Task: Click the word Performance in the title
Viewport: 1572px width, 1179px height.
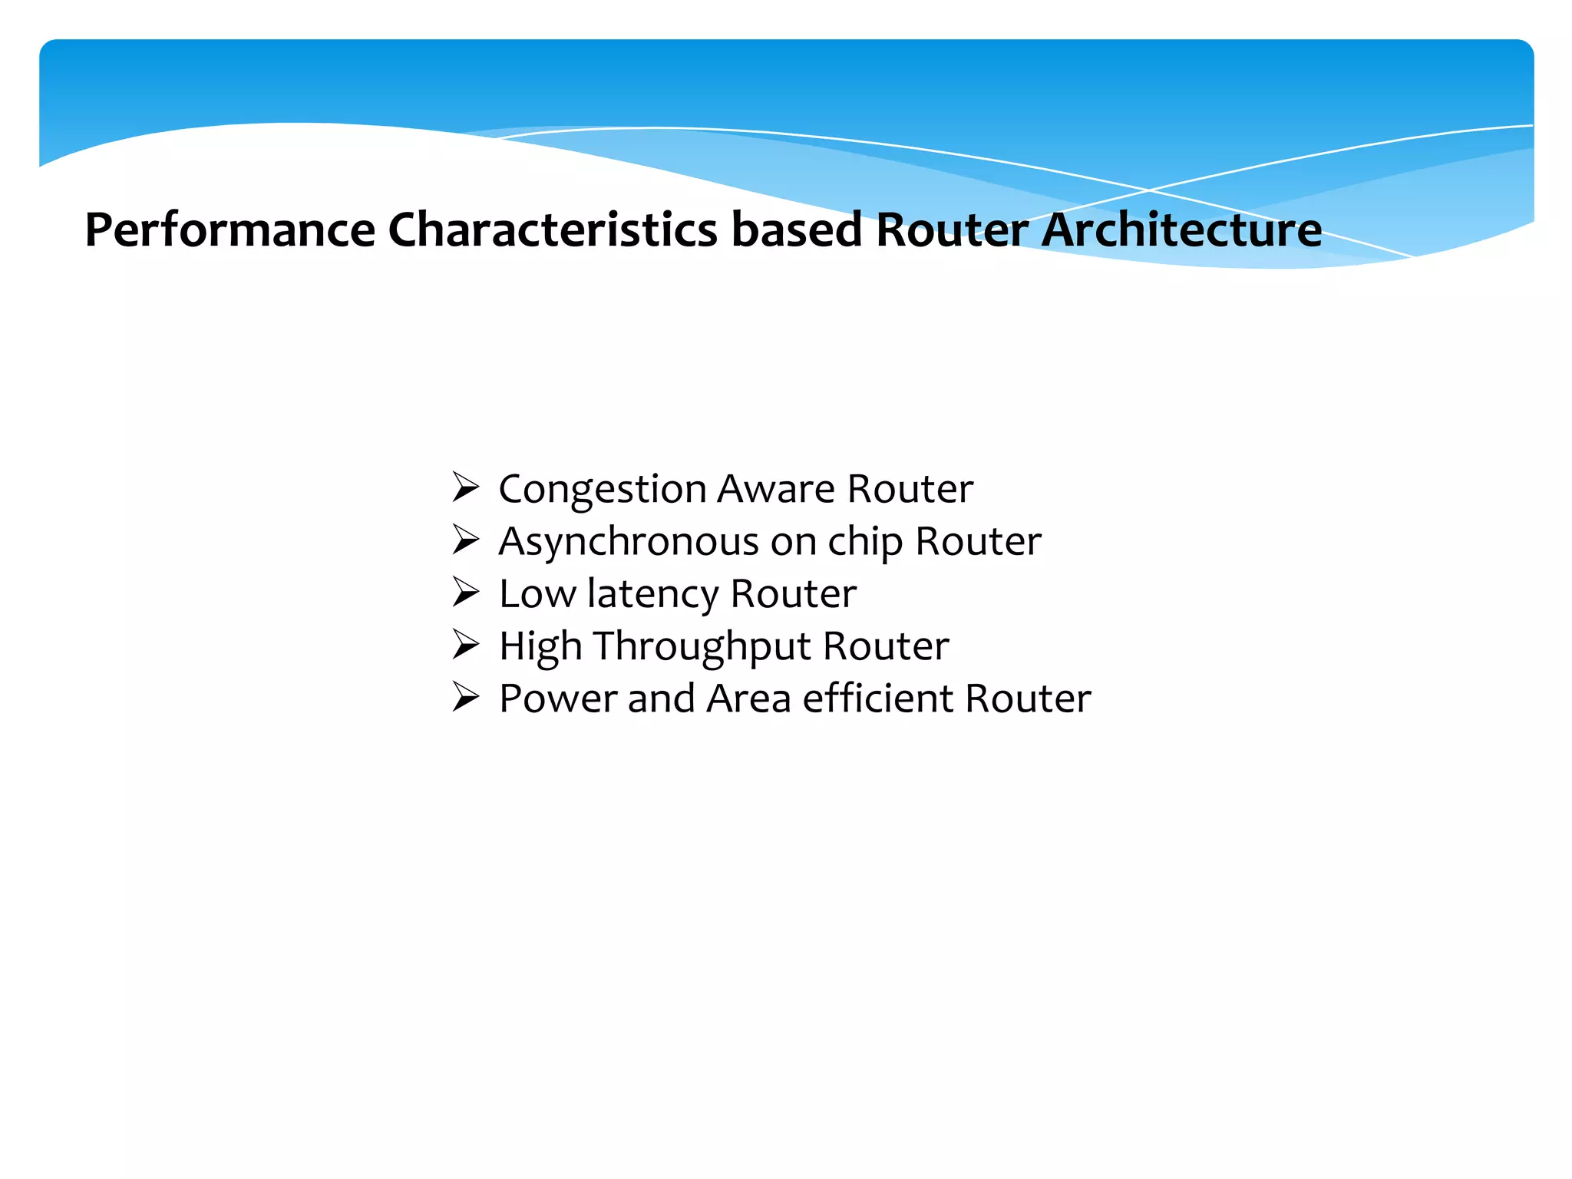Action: [x=230, y=230]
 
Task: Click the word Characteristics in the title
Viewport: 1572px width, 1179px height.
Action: [x=553, y=230]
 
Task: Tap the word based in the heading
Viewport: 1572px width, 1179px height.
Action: [x=797, y=230]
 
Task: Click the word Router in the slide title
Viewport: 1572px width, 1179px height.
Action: [x=952, y=230]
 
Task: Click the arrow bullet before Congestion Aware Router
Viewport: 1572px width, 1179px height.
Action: [x=465, y=488]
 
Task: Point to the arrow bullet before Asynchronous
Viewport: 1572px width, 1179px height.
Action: [x=465, y=540]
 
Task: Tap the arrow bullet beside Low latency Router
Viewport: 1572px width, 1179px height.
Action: [x=465, y=593]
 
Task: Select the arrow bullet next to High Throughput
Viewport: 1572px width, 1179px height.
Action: [x=465, y=645]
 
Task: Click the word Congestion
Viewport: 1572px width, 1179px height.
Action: [x=602, y=490]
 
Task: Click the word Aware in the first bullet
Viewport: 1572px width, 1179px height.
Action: [x=775, y=490]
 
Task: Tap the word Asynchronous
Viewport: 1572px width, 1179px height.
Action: [x=629, y=542]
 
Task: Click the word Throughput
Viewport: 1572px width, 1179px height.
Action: [x=701, y=647]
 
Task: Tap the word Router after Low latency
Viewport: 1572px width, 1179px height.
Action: [x=793, y=594]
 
